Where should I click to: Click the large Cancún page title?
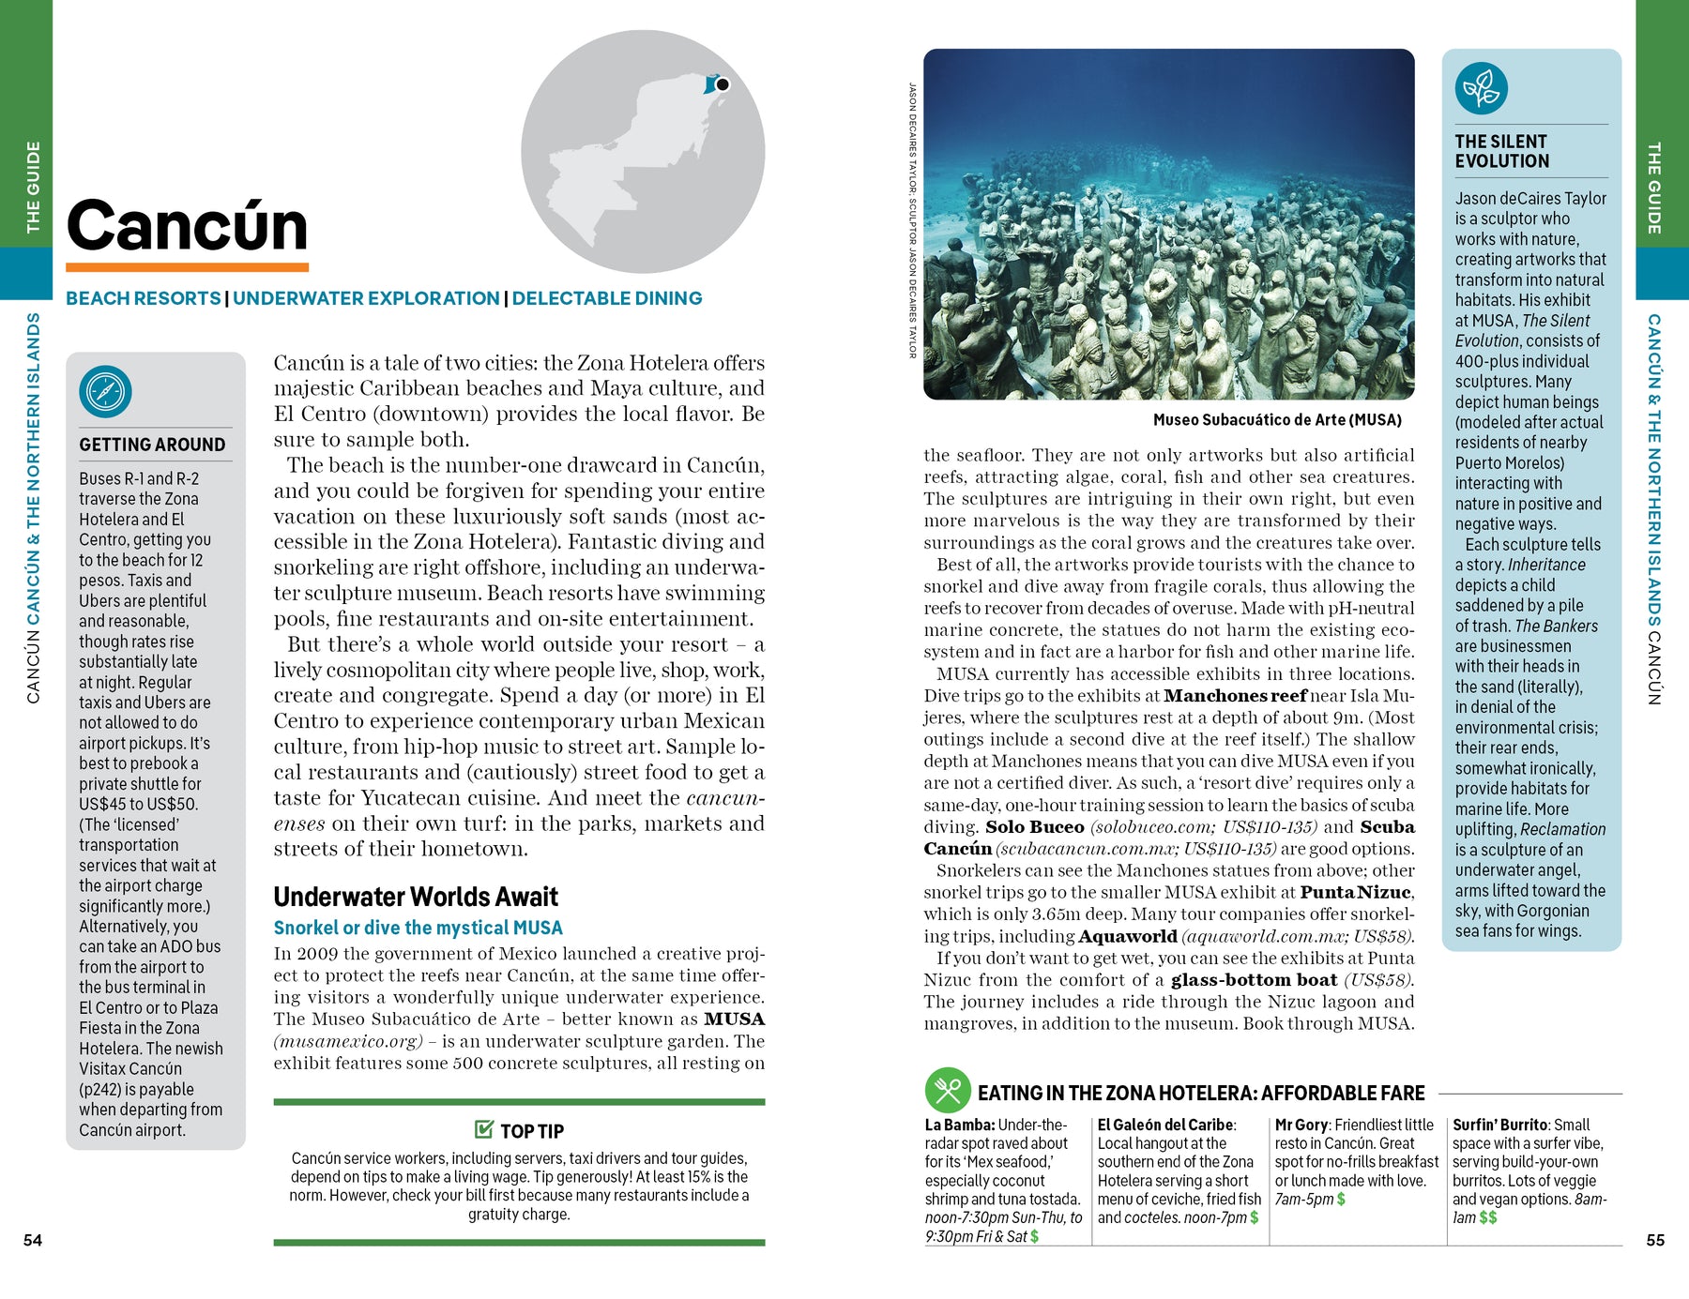pyautogui.click(x=188, y=226)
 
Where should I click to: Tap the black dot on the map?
pyautogui.click(x=722, y=84)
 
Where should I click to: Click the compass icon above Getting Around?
pyautogui.click(x=105, y=391)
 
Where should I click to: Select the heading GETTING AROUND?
pyautogui.click(x=152, y=445)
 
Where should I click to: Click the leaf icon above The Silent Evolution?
pyautogui.click(x=1481, y=89)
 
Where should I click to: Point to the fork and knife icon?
pyautogui.click(x=947, y=1090)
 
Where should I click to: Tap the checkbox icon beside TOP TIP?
pyautogui.click(x=484, y=1128)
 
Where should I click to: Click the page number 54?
pyautogui.click(x=33, y=1240)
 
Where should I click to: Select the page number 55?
pyautogui.click(x=1655, y=1240)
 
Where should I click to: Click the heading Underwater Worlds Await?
pyautogui.click(x=416, y=897)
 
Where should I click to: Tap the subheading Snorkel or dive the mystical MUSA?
pyautogui.click(x=418, y=928)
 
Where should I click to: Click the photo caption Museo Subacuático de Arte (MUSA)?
pyautogui.click(x=1277, y=420)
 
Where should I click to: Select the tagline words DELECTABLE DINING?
pyautogui.click(x=606, y=298)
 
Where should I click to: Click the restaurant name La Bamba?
pyautogui.click(x=959, y=1125)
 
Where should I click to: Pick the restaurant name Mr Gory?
pyautogui.click(x=1301, y=1125)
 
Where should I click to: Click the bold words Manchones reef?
pyautogui.click(x=1235, y=696)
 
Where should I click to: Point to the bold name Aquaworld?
pyautogui.click(x=1127, y=936)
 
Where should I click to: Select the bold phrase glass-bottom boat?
pyautogui.click(x=1254, y=980)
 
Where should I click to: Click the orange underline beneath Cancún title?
pyautogui.click(x=188, y=267)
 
